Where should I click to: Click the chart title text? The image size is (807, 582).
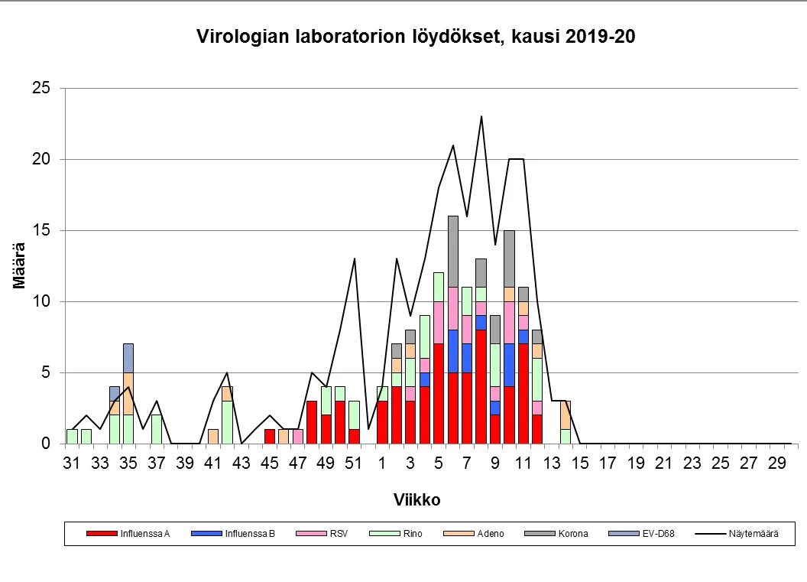tap(416, 37)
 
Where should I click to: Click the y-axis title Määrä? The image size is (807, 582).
tap(20, 265)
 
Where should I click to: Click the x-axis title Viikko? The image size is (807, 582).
tap(416, 500)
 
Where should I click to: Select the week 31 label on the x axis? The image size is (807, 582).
tap(72, 463)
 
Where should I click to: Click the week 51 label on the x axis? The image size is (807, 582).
tap(353, 463)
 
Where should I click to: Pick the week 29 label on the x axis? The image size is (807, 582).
tap(777, 463)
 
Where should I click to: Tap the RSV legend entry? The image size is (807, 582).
tap(337, 534)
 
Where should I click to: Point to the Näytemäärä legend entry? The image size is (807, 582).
tap(750, 534)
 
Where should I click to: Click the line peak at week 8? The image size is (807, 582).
tap(481, 117)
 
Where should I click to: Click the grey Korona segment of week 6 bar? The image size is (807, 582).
tap(452, 252)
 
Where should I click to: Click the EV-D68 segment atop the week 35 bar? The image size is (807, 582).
tap(128, 358)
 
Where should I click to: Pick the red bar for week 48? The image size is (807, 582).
tap(311, 421)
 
